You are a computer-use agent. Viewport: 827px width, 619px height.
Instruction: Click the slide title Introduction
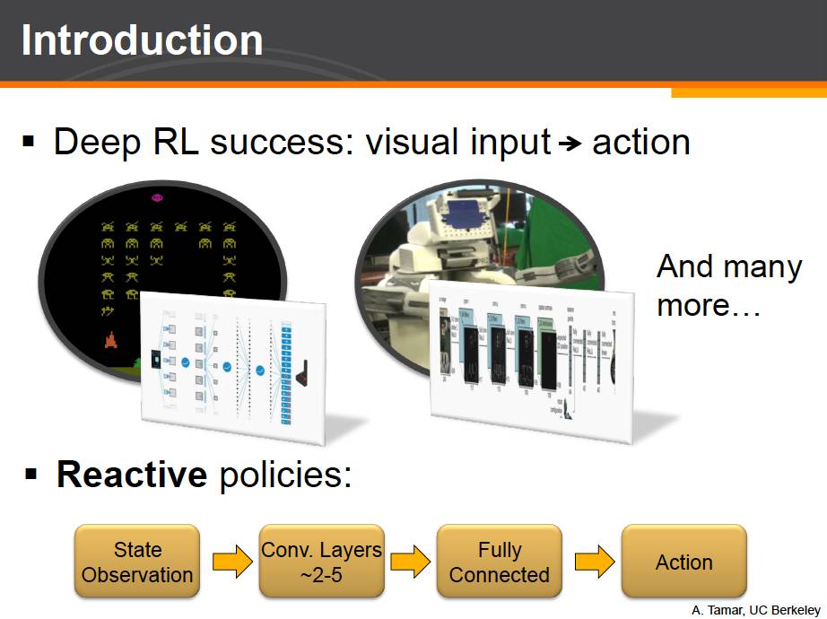pos(142,41)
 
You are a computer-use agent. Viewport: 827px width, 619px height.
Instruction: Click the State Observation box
pos(137,562)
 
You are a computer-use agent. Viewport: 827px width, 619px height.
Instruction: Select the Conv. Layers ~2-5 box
pos(321,562)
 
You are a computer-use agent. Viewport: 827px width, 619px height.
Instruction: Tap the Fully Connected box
pos(500,562)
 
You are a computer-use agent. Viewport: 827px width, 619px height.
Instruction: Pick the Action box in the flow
pos(683,562)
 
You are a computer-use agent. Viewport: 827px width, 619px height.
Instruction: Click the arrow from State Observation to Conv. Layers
pos(231,563)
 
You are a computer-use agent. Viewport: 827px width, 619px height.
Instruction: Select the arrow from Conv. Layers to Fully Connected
pos(410,563)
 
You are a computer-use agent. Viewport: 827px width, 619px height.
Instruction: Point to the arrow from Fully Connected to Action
pos(593,563)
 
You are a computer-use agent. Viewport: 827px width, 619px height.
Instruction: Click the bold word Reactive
pos(132,475)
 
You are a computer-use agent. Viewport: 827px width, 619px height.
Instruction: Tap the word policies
pos(283,475)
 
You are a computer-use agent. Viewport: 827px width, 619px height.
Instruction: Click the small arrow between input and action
pos(570,144)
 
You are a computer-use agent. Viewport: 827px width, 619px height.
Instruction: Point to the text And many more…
pos(727,285)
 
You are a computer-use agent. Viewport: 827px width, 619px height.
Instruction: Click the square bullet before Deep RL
pos(29,142)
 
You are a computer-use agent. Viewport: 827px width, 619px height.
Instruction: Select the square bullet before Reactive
pos(32,473)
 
